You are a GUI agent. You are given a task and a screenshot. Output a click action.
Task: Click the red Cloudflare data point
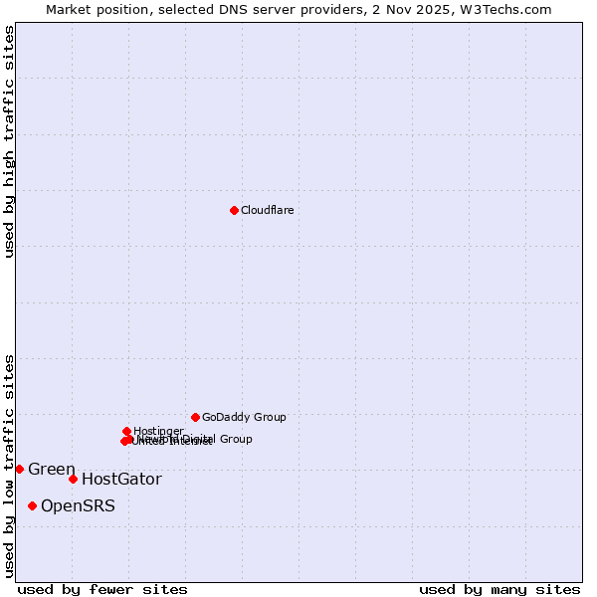tap(234, 210)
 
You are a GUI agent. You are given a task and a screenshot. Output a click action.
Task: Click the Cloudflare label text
tap(267, 210)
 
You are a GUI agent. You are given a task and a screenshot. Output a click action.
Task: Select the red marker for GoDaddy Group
tap(195, 417)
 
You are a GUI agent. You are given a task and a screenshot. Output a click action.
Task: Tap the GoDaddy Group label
tap(244, 417)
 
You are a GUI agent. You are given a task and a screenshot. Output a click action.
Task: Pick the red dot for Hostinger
tap(126, 431)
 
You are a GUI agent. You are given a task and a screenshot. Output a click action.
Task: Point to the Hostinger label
tap(159, 430)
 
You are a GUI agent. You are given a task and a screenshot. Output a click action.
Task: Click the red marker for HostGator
tap(73, 479)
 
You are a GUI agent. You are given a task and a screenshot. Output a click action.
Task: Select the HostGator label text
tap(121, 480)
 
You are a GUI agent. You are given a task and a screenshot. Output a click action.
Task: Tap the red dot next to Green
tap(19, 469)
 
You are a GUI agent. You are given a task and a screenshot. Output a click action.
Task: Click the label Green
tap(52, 470)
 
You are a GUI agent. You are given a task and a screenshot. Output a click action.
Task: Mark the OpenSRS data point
tap(32, 505)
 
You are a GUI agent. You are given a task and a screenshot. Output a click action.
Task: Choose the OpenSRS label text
tap(78, 506)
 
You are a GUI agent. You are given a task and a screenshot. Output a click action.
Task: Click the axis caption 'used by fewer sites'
tap(102, 589)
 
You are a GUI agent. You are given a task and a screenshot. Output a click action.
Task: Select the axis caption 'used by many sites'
tap(499, 589)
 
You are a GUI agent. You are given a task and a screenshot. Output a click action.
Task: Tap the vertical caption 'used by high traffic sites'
tap(9, 141)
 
